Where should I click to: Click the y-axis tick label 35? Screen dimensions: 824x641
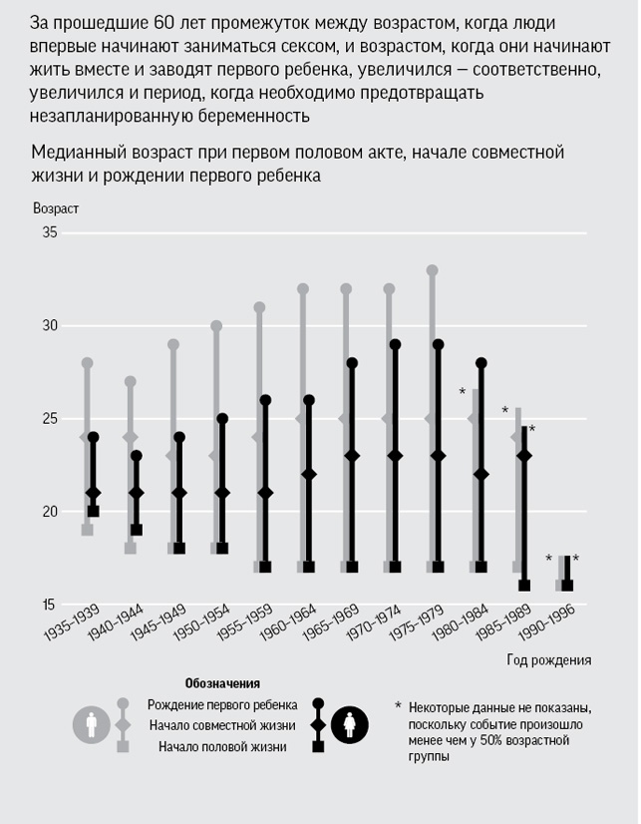click(x=48, y=232)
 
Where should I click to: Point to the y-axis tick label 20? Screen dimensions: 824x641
click(x=48, y=512)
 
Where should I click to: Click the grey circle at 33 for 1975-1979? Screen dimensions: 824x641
click(x=432, y=270)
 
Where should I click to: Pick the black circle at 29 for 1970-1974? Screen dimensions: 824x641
click(x=395, y=344)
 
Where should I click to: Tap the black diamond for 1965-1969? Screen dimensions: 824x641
click(x=352, y=455)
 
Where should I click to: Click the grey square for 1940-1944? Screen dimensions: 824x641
click(x=130, y=549)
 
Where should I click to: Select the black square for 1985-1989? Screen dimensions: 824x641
click(x=524, y=586)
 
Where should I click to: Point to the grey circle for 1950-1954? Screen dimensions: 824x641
click(x=216, y=326)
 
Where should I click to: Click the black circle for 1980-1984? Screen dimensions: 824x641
click(x=481, y=363)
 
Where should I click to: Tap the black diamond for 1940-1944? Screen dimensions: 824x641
click(x=137, y=493)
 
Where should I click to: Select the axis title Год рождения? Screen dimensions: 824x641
click(x=549, y=659)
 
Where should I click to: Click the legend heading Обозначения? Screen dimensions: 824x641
click(x=222, y=684)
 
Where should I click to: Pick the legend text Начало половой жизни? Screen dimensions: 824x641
click(x=223, y=745)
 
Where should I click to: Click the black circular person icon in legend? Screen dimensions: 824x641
click(x=352, y=723)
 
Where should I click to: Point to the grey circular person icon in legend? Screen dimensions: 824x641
click(x=91, y=723)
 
